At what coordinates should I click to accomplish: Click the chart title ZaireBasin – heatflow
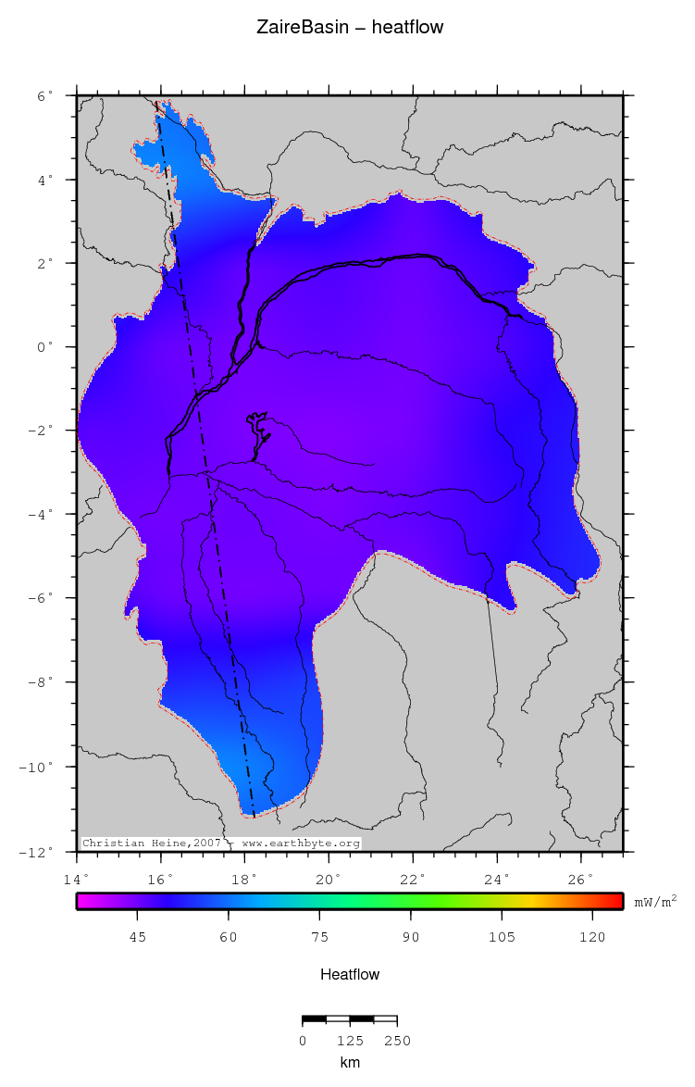coord(350,28)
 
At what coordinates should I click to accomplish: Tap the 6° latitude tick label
coord(44,95)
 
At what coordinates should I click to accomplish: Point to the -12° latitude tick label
coord(39,851)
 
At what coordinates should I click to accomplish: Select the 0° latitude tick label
coord(44,347)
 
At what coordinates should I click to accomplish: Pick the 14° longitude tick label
coord(77,878)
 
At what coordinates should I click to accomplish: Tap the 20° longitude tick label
coord(329,878)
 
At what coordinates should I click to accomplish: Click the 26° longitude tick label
coord(580,878)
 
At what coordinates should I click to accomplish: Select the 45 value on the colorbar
coord(137,937)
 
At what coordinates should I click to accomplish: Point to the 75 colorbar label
coord(319,937)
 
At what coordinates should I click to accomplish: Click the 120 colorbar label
coord(592,937)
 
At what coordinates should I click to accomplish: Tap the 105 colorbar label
coord(502,937)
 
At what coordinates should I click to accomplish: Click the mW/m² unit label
coord(654,901)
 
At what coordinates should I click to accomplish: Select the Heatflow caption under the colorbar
coord(350,974)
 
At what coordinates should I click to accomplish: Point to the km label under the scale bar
coord(350,1063)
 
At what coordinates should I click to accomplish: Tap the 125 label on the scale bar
coord(350,1040)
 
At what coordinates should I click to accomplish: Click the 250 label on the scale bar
coord(397,1040)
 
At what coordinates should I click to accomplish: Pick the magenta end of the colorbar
coord(83,901)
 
